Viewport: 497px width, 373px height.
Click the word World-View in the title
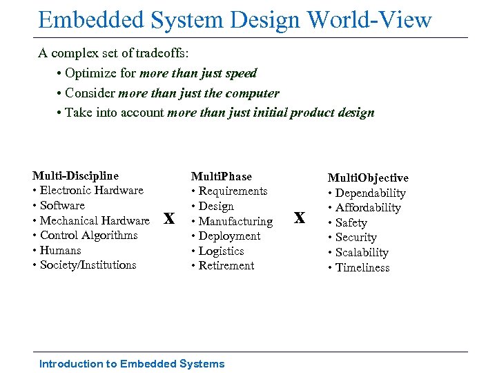coord(370,19)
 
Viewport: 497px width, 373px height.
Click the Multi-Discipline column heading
coord(75,175)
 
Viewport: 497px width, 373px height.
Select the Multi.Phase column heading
coord(221,176)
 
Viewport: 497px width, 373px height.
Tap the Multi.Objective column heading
coord(368,178)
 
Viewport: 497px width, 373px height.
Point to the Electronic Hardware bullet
coord(88,191)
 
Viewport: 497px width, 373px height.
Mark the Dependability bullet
coord(367,193)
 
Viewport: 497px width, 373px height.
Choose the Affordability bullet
coord(364,208)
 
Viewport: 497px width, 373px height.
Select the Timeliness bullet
coord(358,268)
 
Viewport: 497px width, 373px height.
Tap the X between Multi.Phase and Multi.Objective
coord(299,218)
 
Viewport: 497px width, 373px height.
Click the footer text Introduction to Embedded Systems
coord(132,363)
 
